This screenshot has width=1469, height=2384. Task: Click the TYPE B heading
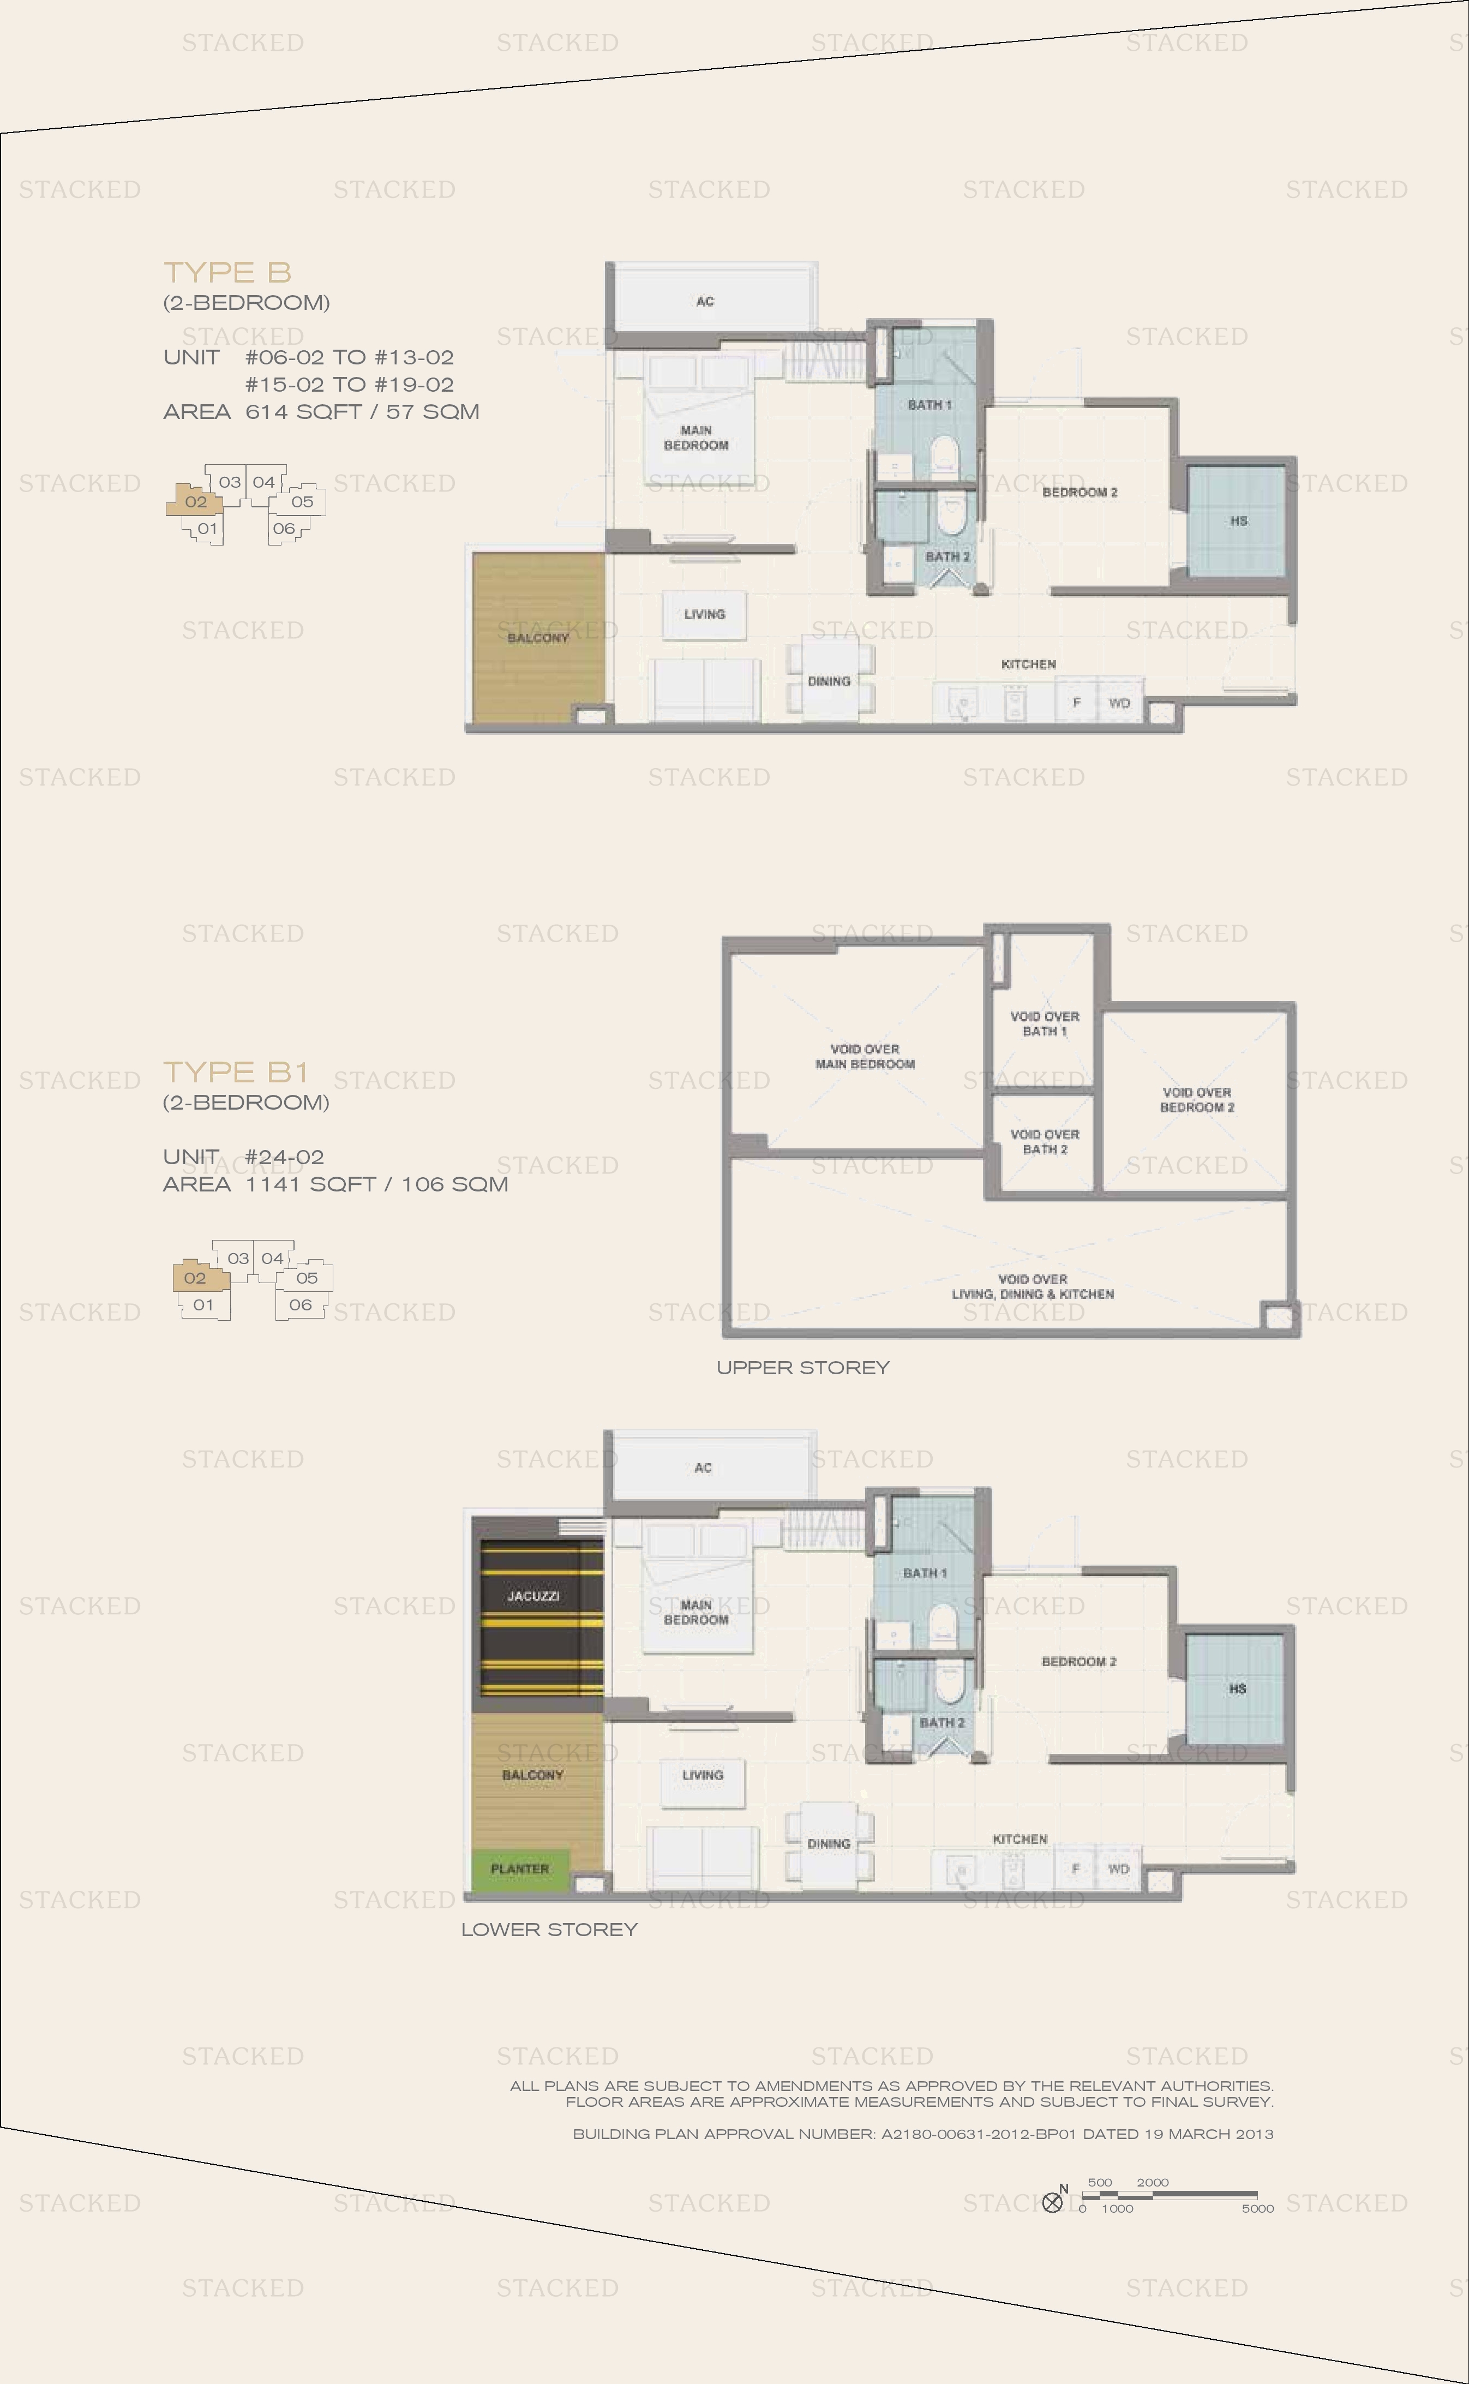[227, 272]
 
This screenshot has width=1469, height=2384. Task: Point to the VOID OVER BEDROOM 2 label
[1197, 1100]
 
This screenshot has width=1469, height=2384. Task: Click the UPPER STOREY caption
[802, 1368]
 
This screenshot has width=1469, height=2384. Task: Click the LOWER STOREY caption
[549, 1930]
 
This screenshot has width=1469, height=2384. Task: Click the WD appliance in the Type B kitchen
[1119, 702]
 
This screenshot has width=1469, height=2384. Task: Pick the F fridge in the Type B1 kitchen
[1076, 1868]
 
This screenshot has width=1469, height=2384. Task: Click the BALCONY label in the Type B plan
[537, 638]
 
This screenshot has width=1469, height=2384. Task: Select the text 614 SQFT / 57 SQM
[362, 412]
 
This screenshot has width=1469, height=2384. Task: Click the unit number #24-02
[285, 1157]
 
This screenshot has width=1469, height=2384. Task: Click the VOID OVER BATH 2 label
[1045, 1141]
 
